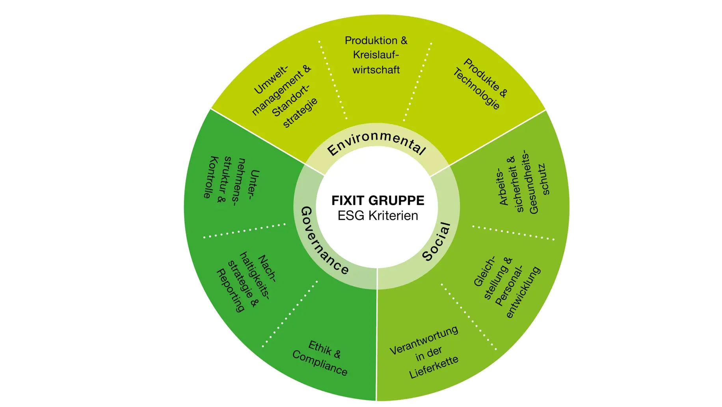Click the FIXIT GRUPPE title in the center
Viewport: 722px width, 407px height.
pos(378,200)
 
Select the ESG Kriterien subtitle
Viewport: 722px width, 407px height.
pos(378,216)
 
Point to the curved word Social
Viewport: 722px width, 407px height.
pos(436,241)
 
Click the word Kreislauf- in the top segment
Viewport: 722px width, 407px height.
pos(376,55)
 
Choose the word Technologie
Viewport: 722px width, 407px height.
pos(476,90)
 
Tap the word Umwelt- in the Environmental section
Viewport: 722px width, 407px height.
pos(271,80)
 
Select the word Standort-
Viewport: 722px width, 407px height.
pos(291,101)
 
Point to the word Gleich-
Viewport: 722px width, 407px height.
pos(484,272)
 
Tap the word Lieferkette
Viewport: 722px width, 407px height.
pos(434,367)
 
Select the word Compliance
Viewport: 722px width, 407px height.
pos(320,363)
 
